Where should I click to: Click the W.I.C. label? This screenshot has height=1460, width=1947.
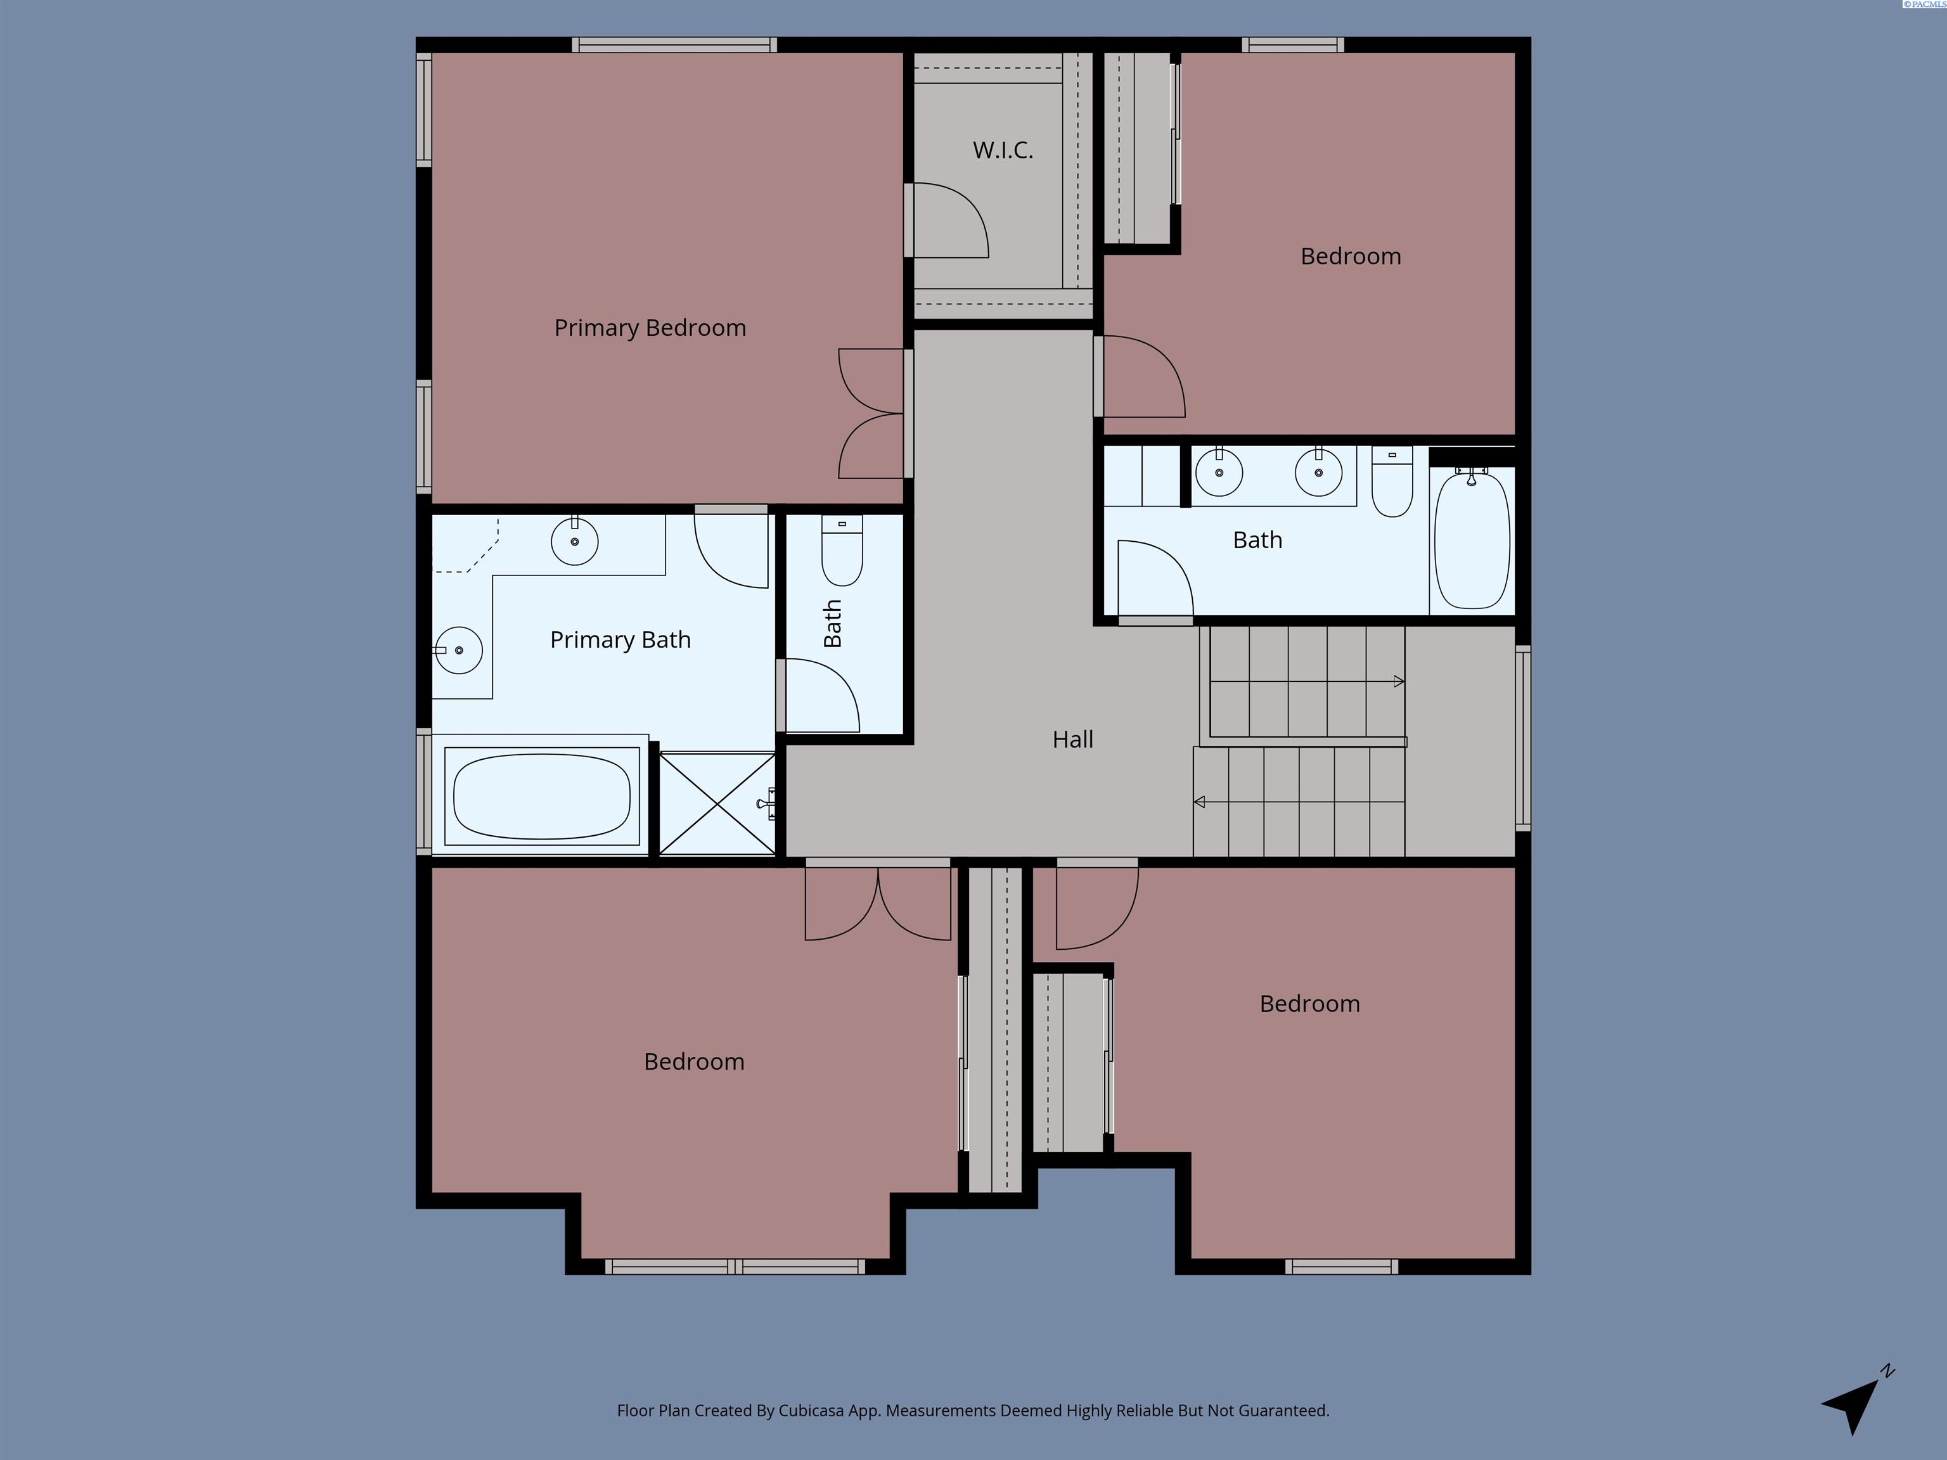coord(1003,150)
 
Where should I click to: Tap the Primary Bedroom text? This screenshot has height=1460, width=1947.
coord(650,328)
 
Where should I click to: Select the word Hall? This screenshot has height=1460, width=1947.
coord(1073,740)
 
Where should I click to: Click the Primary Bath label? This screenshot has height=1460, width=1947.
coord(620,640)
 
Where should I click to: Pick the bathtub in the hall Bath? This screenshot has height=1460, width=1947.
coord(1472,539)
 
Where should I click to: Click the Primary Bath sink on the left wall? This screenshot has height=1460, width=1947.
coord(458,650)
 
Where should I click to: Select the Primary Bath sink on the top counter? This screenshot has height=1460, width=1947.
coord(575,541)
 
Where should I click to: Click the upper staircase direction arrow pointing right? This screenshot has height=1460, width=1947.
coord(1307,681)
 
